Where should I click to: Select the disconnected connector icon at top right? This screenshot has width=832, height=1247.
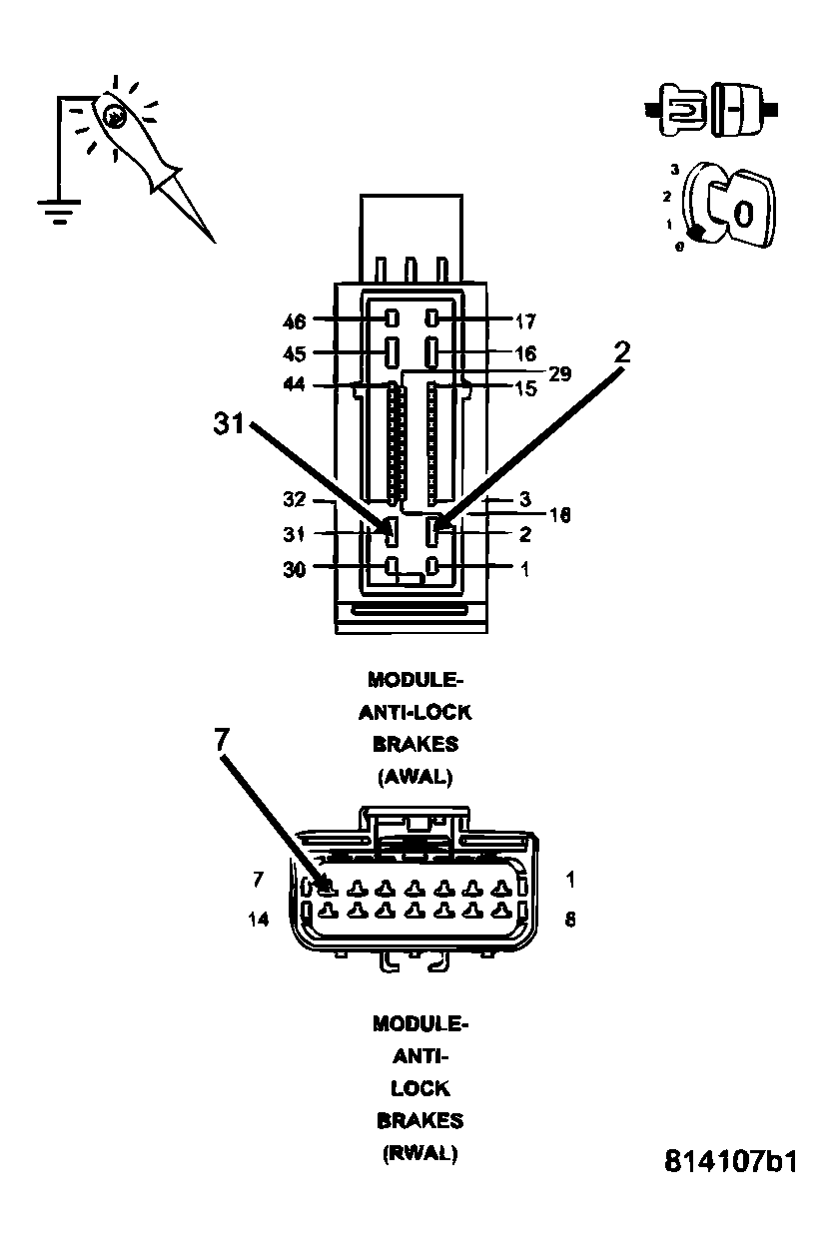pyautogui.click(x=710, y=107)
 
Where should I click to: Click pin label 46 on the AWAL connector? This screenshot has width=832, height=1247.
pyautogui.click(x=296, y=320)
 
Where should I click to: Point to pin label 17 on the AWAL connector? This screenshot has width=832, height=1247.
pyautogui.click(x=526, y=321)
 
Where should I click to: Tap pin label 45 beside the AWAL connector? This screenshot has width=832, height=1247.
pyautogui.click(x=296, y=353)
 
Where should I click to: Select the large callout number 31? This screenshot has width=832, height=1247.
pyautogui.click(x=231, y=423)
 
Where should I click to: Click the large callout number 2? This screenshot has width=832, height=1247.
pyautogui.click(x=622, y=351)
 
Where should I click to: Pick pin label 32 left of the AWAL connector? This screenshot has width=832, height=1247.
pyautogui.click(x=294, y=499)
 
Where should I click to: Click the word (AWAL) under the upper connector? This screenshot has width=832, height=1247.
pyautogui.click(x=416, y=776)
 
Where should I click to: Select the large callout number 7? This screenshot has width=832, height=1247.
pyautogui.click(x=223, y=739)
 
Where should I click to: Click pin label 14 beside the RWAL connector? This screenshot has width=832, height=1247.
pyautogui.click(x=259, y=920)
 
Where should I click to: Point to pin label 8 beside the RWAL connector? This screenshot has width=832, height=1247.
pyautogui.click(x=570, y=920)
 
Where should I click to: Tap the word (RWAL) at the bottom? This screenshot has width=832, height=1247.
pyautogui.click(x=418, y=1152)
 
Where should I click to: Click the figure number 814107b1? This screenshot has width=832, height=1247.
pyautogui.click(x=731, y=1162)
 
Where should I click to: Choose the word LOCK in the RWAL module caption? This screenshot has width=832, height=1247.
pyautogui.click(x=419, y=1088)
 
